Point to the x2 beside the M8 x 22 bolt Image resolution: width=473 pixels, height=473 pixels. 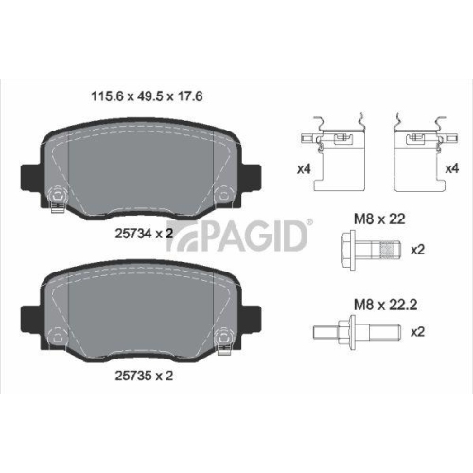(417, 251)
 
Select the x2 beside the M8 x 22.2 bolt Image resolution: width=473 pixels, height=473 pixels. (417, 333)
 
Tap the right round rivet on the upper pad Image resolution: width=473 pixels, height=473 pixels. (224, 197)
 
